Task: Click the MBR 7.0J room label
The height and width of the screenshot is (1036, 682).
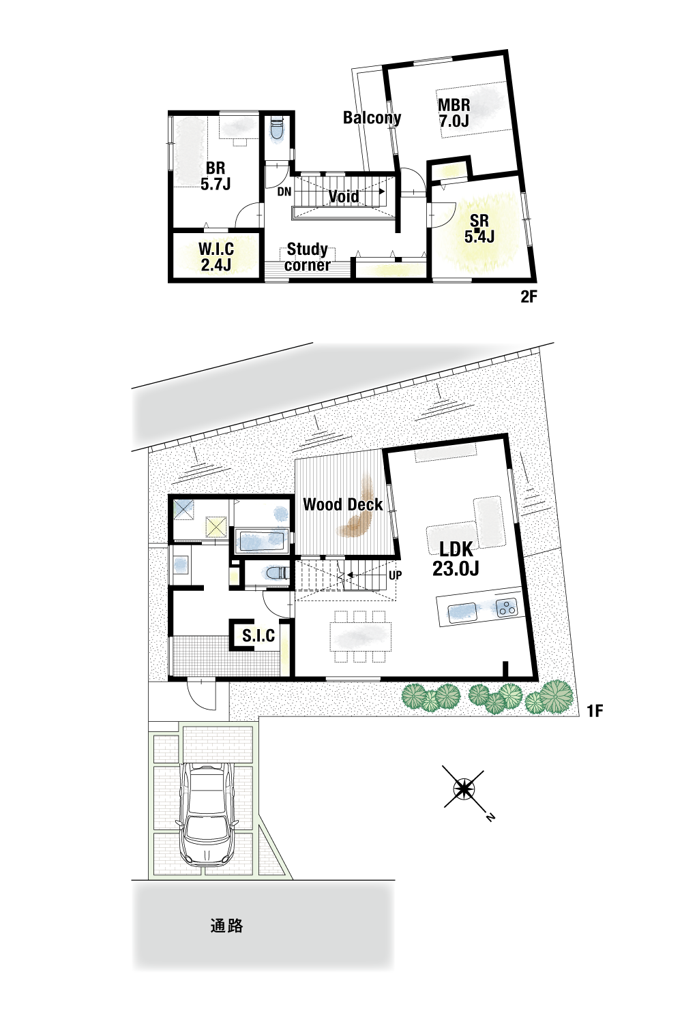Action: pos(454,113)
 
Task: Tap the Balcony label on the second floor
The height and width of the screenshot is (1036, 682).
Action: pos(372,118)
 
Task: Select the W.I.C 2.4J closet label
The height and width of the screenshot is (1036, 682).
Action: pos(216,257)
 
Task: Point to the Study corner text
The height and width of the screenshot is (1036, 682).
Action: pos(307,257)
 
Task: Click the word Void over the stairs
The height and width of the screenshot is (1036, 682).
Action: pos(343,196)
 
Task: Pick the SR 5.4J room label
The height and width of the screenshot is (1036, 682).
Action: pos(479,228)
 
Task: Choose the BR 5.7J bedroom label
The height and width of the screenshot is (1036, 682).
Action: pos(216,176)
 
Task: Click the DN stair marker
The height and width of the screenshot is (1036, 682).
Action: pos(284,192)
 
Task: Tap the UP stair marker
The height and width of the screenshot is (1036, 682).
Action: pos(395,575)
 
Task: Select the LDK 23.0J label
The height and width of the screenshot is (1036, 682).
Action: pos(456,559)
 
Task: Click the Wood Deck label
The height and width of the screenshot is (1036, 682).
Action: pos(343,504)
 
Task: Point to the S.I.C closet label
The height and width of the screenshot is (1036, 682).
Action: pos(258,635)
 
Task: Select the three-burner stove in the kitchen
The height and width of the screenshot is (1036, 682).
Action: pos(507,607)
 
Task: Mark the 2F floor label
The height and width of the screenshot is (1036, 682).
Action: pos(529,296)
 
